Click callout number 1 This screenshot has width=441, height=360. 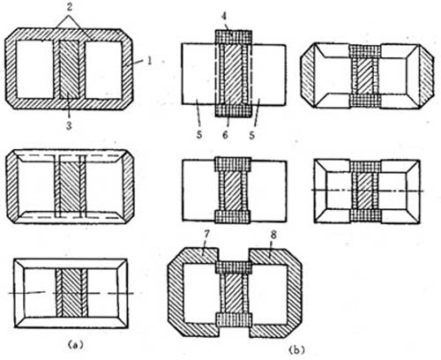tap(150, 61)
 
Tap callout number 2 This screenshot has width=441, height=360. tap(70, 8)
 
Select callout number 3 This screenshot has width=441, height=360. tap(69, 125)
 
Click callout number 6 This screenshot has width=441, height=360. tap(225, 135)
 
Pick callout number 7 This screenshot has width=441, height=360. tap(206, 235)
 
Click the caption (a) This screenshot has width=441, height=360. tap(74, 344)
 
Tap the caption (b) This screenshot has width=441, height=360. tap(296, 350)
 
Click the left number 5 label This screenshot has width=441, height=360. tap(199, 135)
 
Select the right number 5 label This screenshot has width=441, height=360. tap(252, 135)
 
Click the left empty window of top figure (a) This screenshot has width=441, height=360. tap(34, 69)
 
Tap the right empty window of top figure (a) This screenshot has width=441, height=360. tap(103, 70)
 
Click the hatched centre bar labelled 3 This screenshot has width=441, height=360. tap(69, 70)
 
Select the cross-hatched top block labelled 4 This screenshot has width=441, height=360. tap(234, 37)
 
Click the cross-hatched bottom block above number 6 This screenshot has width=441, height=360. tap(234, 110)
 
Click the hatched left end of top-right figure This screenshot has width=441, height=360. tap(308, 77)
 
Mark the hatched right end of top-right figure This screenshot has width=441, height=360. tap(426, 77)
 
